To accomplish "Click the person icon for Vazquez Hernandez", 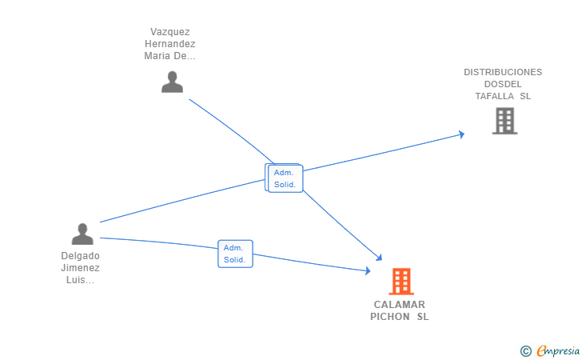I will [172, 82].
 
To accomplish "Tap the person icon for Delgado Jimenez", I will [82, 234].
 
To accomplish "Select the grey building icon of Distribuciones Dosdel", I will [504, 121].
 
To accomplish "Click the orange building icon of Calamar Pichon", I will [401, 281].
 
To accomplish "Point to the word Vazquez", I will [169, 32].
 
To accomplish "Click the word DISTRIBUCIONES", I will [503, 72].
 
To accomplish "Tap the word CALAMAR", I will [400, 305].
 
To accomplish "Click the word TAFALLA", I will [494, 96].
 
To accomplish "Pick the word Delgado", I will [81, 256].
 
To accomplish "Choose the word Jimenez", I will [81, 268].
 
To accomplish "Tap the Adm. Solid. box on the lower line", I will [235, 254].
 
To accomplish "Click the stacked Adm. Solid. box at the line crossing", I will [285, 178].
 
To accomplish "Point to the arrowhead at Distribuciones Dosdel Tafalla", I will [460, 134].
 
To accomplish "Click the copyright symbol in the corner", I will [525, 350].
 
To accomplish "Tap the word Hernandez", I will [169, 44].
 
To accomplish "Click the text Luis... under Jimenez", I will [81, 280].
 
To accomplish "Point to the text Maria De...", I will [169, 56].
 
